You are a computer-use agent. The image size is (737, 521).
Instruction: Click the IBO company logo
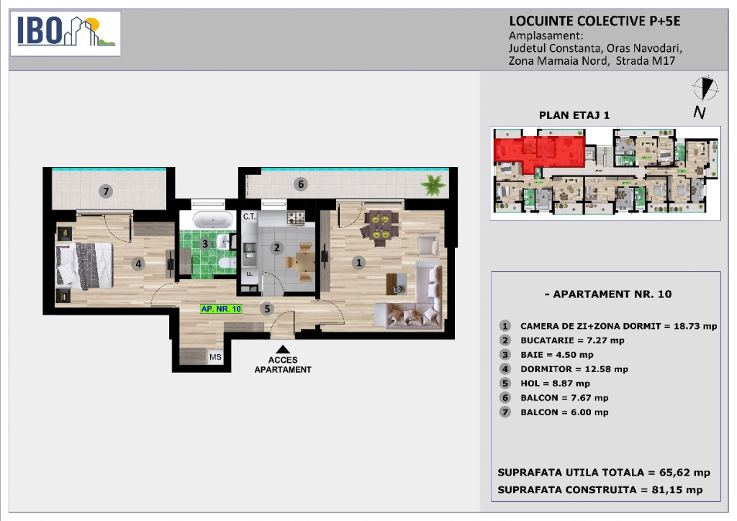(x=65, y=33)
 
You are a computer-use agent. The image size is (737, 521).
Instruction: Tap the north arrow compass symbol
(x=705, y=89)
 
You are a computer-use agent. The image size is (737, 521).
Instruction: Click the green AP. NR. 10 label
(x=222, y=309)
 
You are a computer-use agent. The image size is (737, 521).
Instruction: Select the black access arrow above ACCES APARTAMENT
(x=282, y=349)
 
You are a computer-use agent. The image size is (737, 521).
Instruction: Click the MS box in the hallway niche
(x=215, y=357)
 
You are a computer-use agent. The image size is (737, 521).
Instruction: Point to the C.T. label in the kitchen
(x=249, y=217)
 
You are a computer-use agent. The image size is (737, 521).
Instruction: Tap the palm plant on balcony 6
(x=433, y=185)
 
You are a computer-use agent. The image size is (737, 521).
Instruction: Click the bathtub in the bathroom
(x=213, y=219)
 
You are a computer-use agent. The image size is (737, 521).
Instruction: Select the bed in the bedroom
(x=85, y=266)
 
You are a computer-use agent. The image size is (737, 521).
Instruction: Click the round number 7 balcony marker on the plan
(x=107, y=191)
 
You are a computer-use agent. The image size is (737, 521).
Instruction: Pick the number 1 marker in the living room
(x=359, y=263)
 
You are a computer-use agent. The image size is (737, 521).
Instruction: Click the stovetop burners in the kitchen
(x=296, y=217)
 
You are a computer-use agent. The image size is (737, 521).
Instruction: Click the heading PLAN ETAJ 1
(x=574, y=115)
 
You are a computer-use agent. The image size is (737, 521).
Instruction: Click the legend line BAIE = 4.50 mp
(x=556, y=355)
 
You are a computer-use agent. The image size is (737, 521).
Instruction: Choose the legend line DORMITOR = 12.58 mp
(x=574, y=369)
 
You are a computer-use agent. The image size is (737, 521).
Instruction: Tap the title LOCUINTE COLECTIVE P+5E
(x=594, y=21)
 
